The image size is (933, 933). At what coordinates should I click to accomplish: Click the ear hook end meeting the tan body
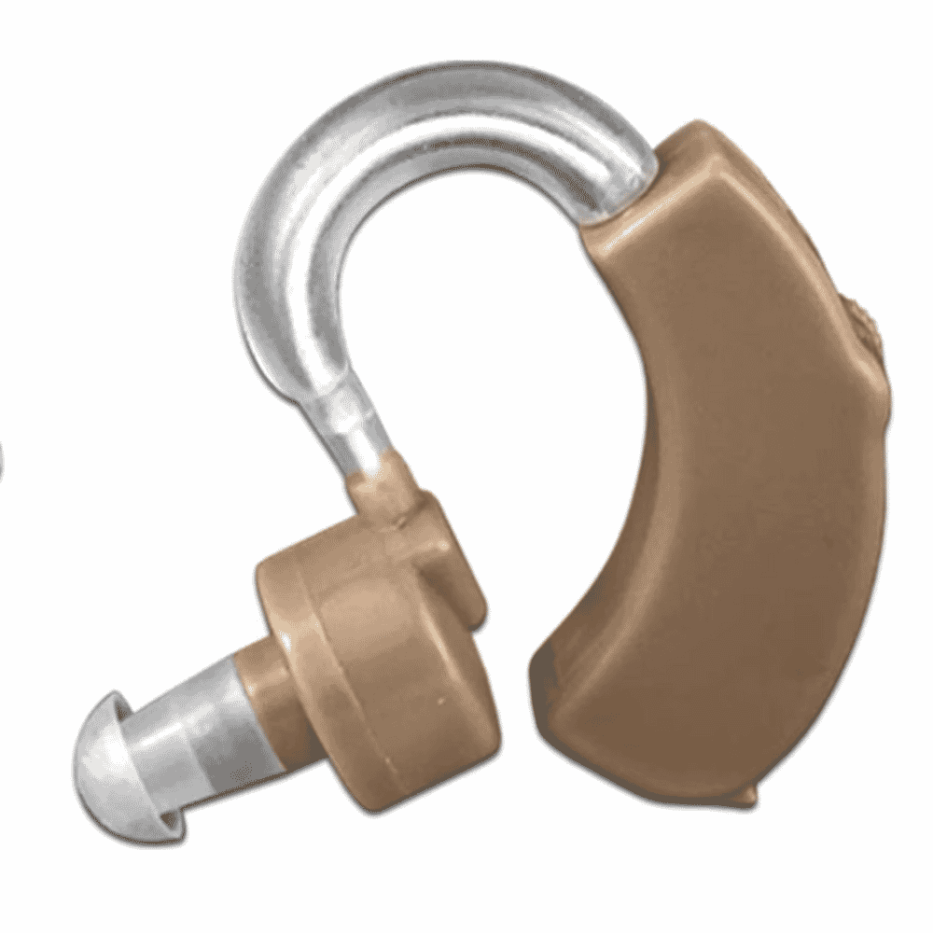(620, 187)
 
